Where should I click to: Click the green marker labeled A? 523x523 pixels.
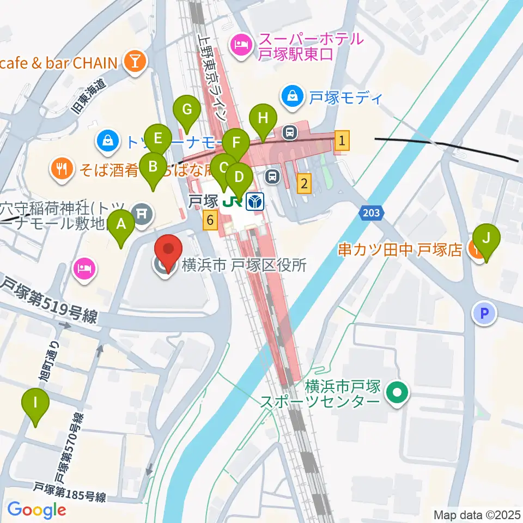121,224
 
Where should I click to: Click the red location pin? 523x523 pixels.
168,251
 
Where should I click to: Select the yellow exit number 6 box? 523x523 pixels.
210,221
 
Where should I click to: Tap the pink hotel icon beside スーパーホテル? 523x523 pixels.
240,46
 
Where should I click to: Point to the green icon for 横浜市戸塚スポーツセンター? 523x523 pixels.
398,393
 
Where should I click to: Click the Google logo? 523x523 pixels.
37,510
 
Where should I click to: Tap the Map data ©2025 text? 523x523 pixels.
477,514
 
